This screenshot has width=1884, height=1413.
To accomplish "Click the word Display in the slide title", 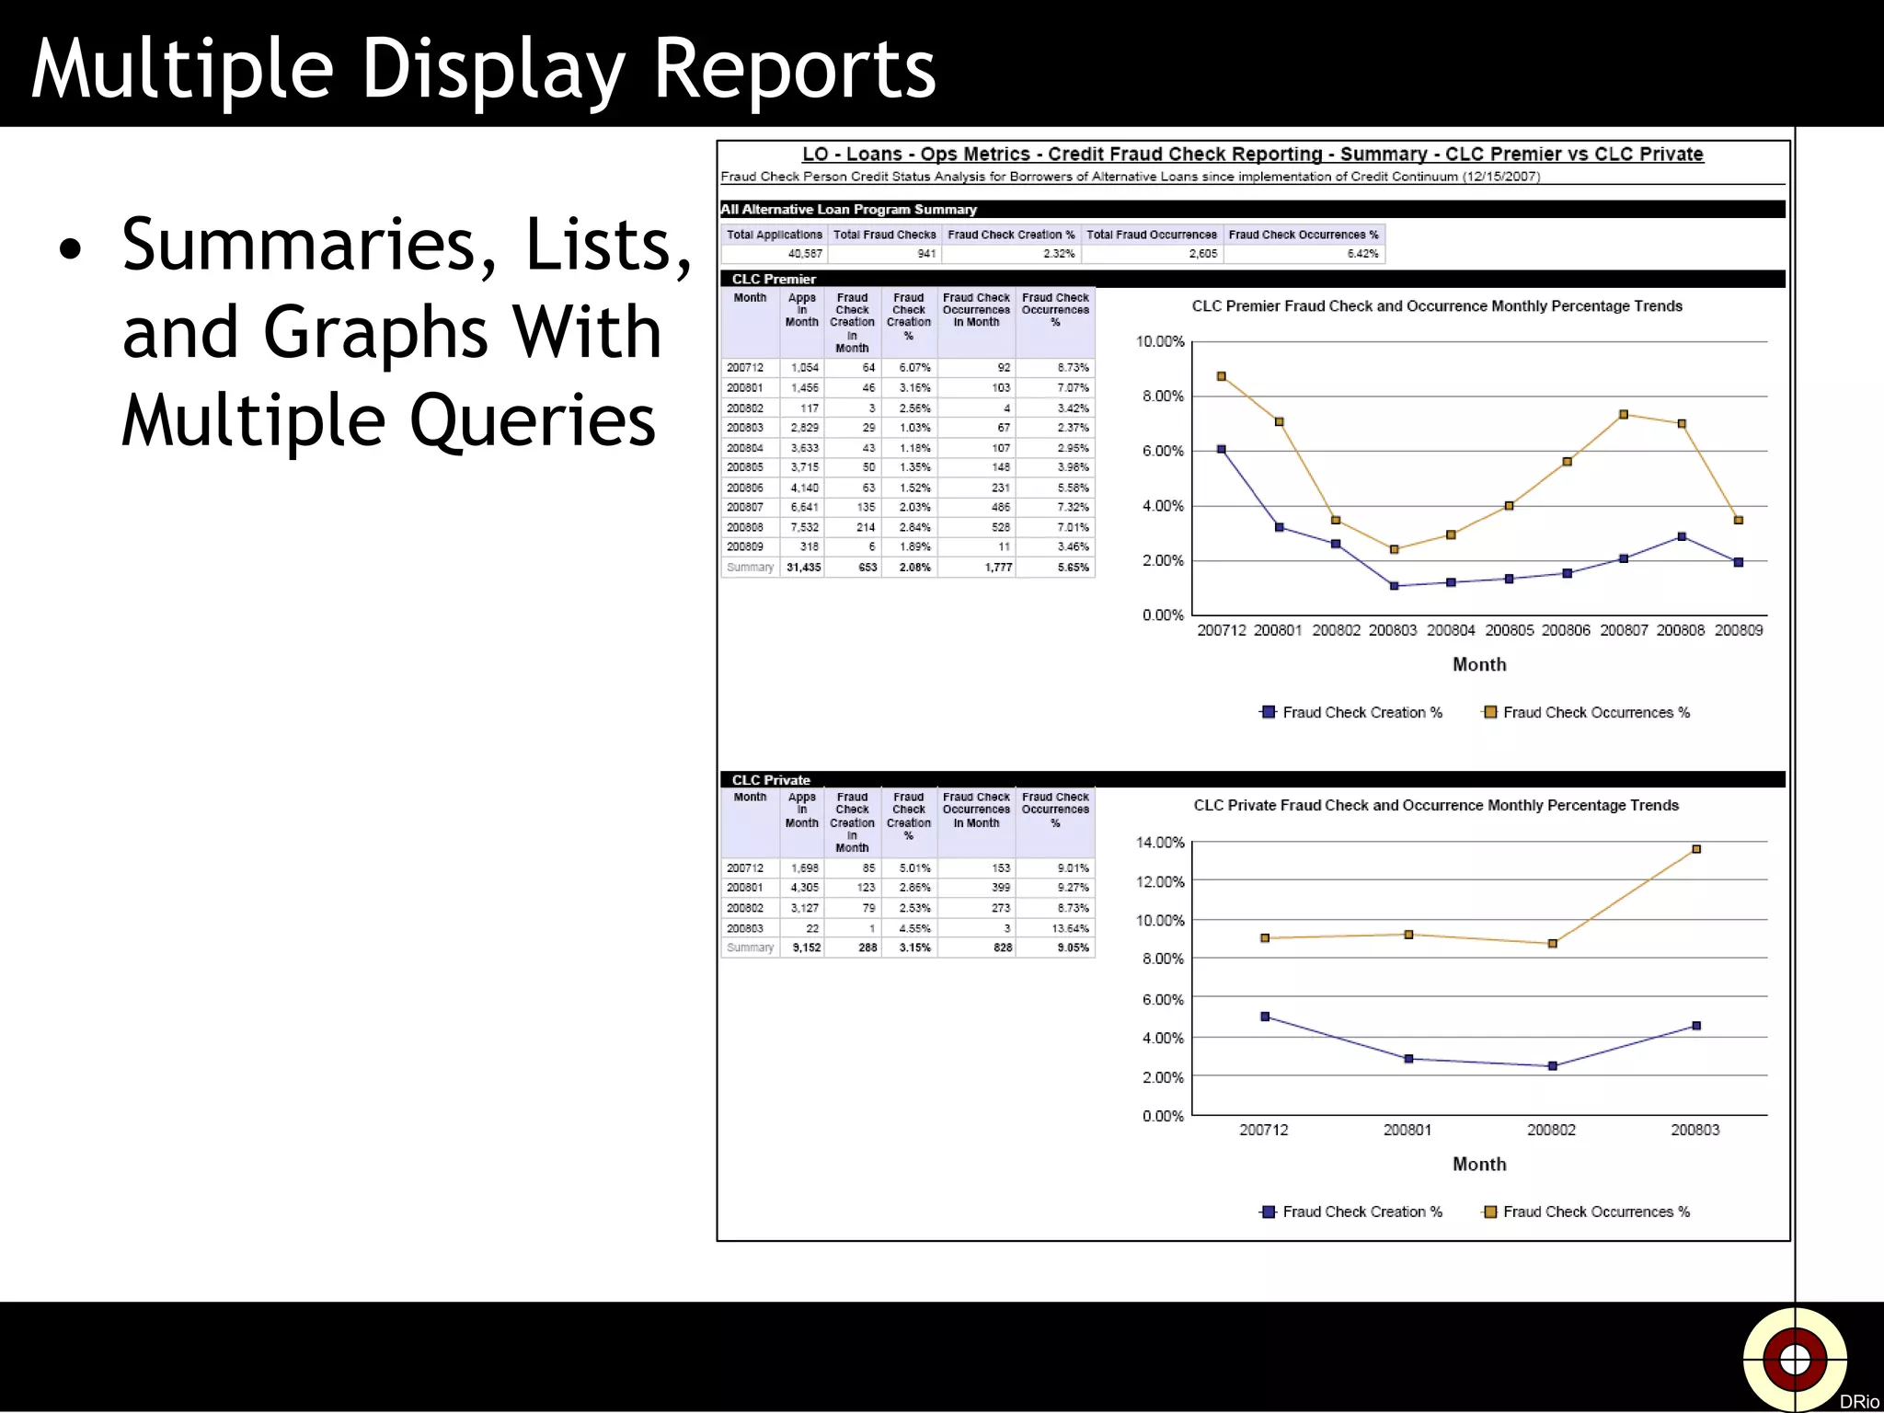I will pos(493,70).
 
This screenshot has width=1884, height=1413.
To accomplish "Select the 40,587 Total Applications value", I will pos(805,254).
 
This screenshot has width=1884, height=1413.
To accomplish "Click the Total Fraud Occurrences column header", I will pos(1151,235).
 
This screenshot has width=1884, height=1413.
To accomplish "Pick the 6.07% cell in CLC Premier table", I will pos(914,368).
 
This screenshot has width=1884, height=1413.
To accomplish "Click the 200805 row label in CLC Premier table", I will pos(745,467).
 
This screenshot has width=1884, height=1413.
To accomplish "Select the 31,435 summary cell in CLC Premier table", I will pos(803,568).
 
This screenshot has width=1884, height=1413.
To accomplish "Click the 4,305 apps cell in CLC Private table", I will pos(804,888).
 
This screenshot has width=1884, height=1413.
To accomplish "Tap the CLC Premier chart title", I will pos(1437,306).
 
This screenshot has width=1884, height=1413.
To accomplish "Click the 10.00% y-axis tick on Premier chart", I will pos(1160,342).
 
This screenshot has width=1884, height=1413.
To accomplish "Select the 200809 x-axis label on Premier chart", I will pos(1738,630).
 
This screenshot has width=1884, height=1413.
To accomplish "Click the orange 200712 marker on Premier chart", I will pos(1222,376).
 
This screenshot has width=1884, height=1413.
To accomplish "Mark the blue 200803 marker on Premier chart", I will pos(1394,586).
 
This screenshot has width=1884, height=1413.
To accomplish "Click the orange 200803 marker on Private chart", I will pos(1696,849).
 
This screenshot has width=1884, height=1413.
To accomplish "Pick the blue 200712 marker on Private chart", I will pos(1265,1017).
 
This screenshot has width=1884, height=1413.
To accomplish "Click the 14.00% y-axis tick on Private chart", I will pos(1160,843).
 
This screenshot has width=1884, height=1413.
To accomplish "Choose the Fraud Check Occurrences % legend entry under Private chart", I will pos(1587,1212).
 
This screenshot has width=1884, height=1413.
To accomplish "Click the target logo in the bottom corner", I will pos(1795,1359).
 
